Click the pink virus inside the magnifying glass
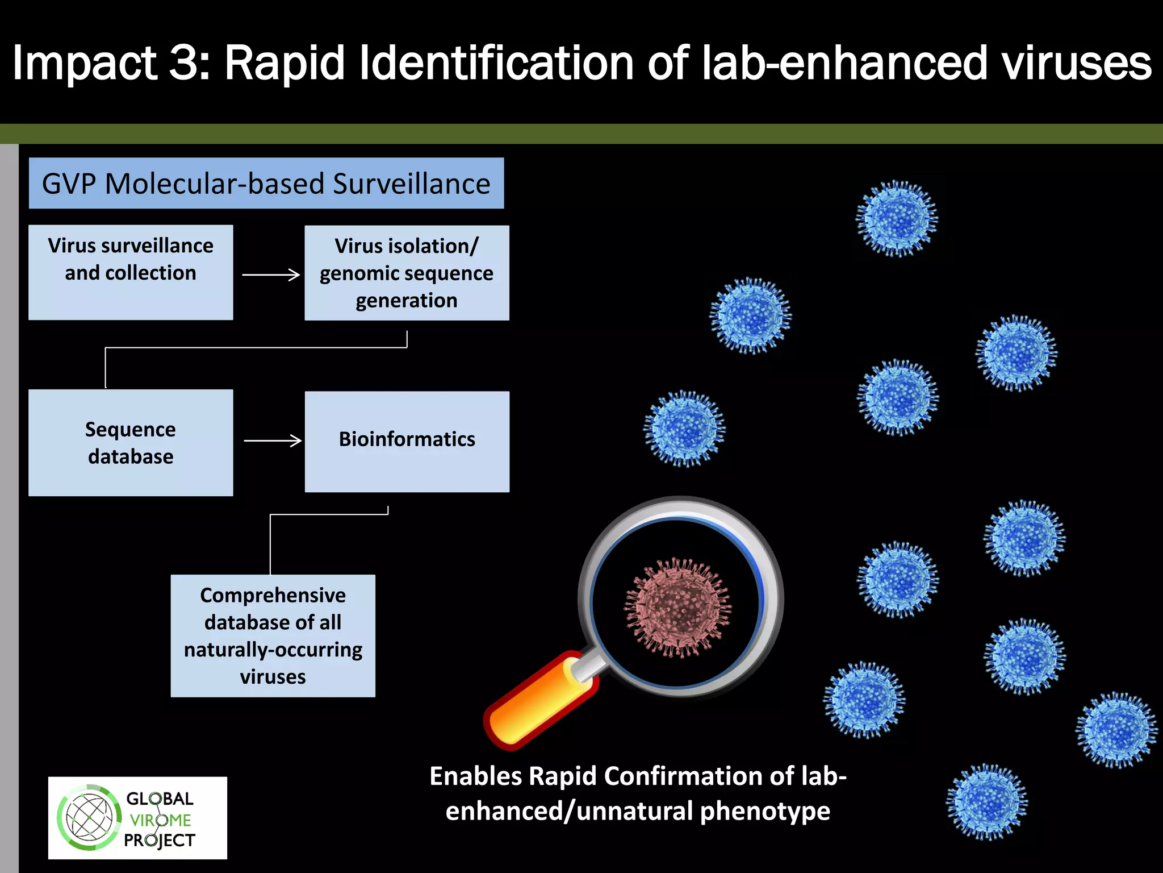point(677,608)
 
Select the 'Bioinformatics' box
point(407,441)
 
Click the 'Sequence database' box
point(131,442)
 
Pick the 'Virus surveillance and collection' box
point(131,272)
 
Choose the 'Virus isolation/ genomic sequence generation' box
point(407,273)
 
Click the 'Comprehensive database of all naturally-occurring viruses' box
point(273,635)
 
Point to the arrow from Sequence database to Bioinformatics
point(273,440)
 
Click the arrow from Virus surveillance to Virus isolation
point(271,275)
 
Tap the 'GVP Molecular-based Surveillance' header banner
point(266,183)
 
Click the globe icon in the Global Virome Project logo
point(89,818)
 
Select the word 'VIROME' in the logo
point(160,820)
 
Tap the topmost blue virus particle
point(897,219)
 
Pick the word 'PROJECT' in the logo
point(160,840)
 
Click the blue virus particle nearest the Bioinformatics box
point(684,429)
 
